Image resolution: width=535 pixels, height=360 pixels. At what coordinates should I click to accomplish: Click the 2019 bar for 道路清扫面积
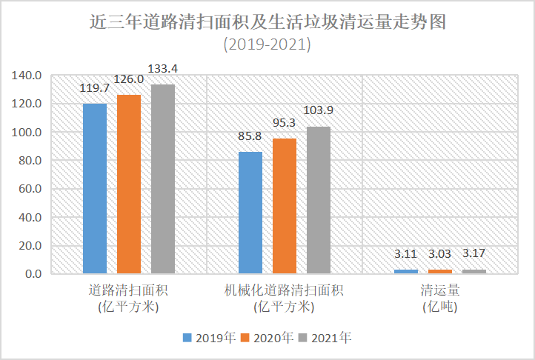click(95, 188)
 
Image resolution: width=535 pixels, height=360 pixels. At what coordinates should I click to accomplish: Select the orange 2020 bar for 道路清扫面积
click(129, 184)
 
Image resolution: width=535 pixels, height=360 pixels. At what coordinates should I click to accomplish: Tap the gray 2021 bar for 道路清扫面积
click(163, 179)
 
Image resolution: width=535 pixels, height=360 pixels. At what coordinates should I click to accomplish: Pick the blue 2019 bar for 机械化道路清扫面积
click(250, 213)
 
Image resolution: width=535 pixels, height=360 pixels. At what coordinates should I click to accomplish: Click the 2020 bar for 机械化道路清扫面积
click(285, 206)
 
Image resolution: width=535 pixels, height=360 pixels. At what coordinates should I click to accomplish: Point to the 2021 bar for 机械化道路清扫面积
click(319, 200)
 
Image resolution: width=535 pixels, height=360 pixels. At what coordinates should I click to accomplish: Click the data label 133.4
click(163, 69)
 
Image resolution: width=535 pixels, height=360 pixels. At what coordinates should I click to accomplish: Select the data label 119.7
click(95, 88)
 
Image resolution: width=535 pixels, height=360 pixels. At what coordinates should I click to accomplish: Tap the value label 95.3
click(285, 123)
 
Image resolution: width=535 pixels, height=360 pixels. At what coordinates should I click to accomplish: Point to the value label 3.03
click(440, 254)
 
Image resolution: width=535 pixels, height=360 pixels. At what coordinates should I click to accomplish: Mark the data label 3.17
click(474, 254)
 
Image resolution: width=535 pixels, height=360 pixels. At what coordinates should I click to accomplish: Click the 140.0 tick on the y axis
click(27, 76)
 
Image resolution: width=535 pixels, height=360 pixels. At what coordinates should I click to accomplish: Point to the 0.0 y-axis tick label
click(33, 274)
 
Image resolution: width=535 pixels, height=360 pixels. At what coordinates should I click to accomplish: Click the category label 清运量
click(439, 290)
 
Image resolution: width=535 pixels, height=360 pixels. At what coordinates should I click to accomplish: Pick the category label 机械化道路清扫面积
click(285, 290)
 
